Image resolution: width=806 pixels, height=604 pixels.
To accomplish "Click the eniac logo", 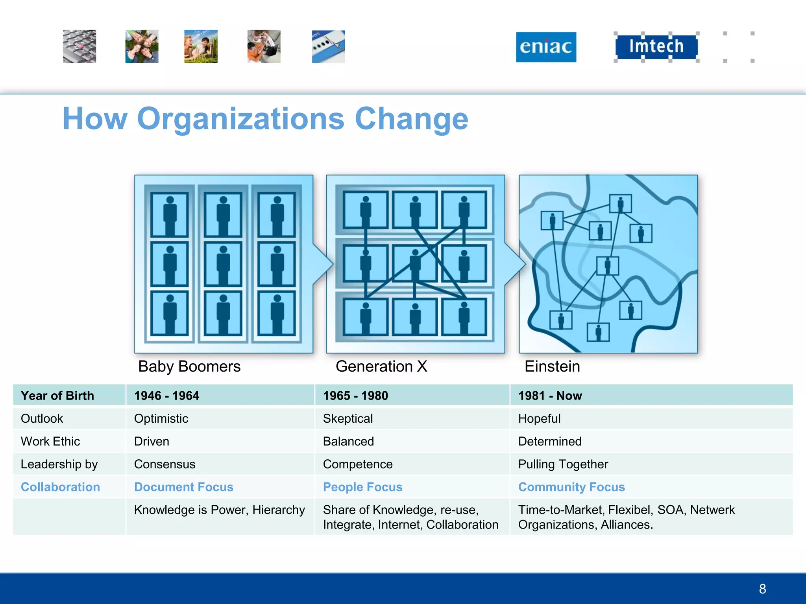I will (x=546, y=47).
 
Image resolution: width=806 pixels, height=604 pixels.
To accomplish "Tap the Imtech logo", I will (x=656, y=46).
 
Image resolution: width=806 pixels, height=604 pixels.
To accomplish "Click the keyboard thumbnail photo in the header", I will (x=79, y=46).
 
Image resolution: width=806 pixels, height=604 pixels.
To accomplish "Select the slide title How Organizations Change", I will (x=265, y=119).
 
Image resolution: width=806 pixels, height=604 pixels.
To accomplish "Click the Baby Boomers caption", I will (x=189, y=366).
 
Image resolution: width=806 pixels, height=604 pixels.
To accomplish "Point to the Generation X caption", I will (x=381, y=366).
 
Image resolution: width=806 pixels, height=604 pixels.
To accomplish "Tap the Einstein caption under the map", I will (x=552, y=366).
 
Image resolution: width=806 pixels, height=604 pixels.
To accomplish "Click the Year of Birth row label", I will (x=57, y=396).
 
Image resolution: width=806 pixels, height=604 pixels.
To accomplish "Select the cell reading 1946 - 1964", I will (x=166, y=396).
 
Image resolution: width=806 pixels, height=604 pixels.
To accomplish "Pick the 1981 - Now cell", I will (x=550, y=396).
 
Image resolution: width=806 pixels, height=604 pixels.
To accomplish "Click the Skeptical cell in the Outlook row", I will (x=348, y=418).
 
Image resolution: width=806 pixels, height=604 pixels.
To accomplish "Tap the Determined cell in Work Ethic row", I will (x=550, y=441).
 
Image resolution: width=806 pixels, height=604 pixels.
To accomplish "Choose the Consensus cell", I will (x=165, y=464).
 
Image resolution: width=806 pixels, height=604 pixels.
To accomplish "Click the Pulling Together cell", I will (x=563, y=464).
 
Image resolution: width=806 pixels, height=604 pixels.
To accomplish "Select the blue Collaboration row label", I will (x=60, y=487).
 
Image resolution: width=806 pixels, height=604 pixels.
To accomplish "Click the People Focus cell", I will (x=362, y=487).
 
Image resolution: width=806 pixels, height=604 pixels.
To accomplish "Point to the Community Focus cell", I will (x=571, y=487).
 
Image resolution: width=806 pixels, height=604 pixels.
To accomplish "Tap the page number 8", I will (x=762, y=589).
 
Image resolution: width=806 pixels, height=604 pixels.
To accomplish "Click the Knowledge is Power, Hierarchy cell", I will (x=219, y=510).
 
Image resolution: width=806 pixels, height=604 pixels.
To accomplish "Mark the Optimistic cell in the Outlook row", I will (x=161, y=418).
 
